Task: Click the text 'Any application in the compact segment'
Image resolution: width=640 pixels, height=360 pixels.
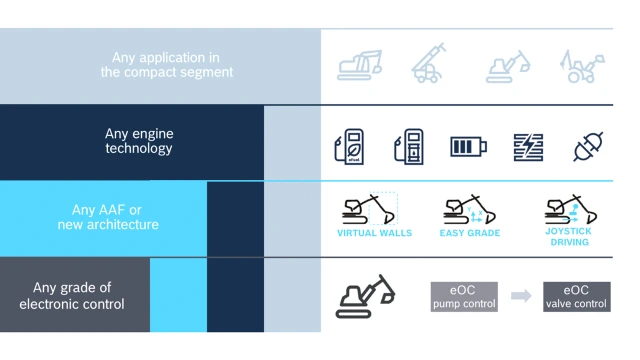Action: (x=167, y=64)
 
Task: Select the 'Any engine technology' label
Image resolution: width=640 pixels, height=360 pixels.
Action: (x=139, y=141)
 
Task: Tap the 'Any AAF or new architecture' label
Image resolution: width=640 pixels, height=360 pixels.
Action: (x=108, y=217)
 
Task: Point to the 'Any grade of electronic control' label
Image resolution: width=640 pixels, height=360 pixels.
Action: (x=72, y=296)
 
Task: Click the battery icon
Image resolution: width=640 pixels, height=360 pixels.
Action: (x=468, y=147)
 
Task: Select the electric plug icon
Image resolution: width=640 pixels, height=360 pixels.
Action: (x=588, y=147)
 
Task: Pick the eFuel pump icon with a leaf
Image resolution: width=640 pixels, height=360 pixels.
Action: (x=349, y=147)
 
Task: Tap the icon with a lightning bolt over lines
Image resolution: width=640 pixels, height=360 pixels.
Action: (x=528, y=147)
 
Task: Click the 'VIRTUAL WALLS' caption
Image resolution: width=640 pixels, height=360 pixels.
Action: (x=374, y=233)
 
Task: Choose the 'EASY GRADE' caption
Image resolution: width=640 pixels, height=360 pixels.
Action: (x=470, y=233)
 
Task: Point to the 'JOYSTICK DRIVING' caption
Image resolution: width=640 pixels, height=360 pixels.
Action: (x=569, y=237)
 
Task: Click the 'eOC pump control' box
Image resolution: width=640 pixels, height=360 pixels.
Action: (x=464, y=297)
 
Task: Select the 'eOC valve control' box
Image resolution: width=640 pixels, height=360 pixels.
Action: (x=577, y=297)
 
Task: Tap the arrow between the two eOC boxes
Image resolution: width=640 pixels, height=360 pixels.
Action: (x=521, y=296)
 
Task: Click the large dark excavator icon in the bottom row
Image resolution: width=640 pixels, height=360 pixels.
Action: (x=365, y=296)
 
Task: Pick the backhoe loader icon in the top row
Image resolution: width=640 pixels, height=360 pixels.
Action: (x=582, y=66)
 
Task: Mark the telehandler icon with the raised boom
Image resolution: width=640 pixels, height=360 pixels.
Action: (x=429, y=63)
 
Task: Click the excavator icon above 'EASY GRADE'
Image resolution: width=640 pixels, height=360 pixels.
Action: (x=469, y=209)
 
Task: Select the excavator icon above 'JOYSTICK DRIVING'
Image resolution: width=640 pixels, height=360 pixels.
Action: (x=570, y=209)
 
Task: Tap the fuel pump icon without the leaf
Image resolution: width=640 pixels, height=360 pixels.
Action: (x=409, y=147)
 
